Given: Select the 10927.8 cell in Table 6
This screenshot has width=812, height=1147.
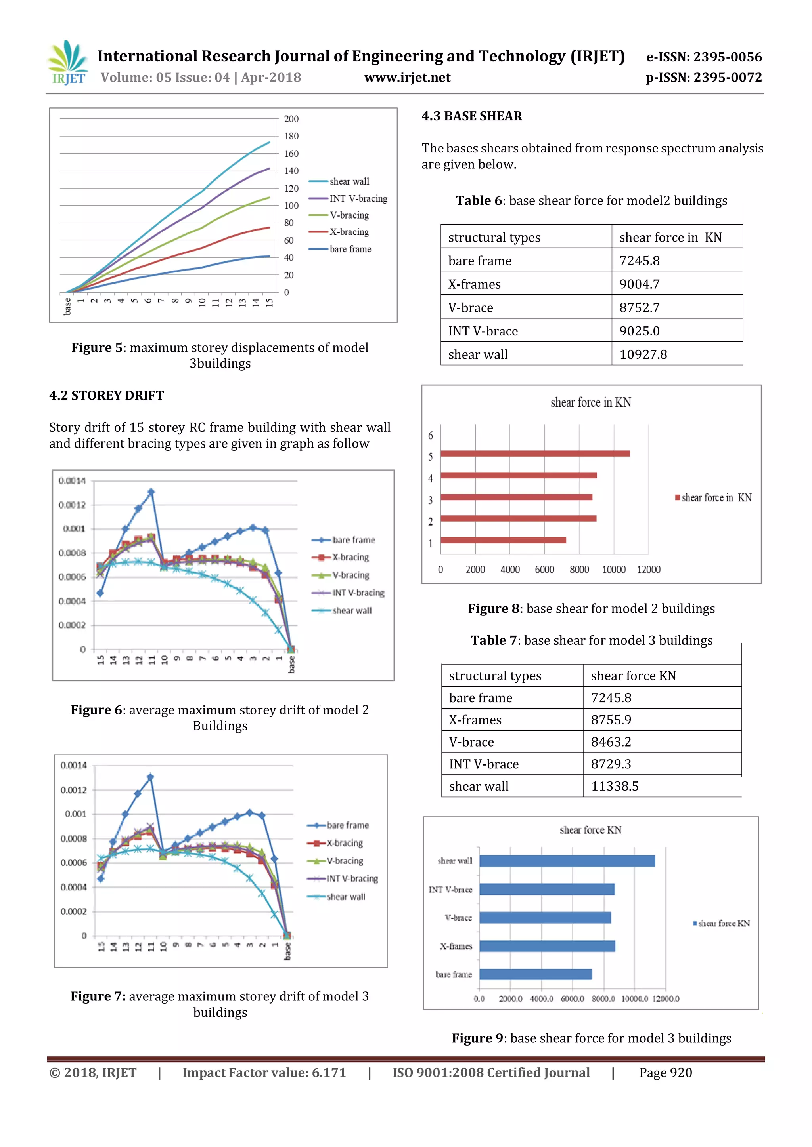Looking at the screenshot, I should point(643,355).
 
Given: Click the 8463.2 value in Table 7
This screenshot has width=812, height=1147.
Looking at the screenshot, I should point(611,742).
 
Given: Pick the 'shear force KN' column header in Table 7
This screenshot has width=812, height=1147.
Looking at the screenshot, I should point(633,676).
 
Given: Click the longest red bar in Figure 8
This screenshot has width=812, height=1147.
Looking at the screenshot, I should point(535,453).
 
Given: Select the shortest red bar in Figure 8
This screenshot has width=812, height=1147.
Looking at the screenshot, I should point(503,540).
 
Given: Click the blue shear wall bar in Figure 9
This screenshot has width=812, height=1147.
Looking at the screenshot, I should point(567,861).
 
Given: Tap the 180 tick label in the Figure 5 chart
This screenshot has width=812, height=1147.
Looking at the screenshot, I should point(291,136).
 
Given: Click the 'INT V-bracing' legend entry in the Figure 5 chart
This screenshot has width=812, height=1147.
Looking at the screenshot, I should point(358,198).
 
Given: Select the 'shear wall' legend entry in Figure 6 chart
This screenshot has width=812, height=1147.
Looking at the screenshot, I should point(352,610).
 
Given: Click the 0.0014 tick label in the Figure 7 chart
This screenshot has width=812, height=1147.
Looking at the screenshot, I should point(73,765).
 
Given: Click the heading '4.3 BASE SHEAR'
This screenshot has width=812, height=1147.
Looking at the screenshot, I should point(471,116).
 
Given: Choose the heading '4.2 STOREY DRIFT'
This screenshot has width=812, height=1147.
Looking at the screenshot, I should point(107,395).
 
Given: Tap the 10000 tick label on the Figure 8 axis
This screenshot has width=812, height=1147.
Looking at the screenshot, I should point(613,570).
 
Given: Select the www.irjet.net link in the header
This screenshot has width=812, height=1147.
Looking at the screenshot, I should point(407,78).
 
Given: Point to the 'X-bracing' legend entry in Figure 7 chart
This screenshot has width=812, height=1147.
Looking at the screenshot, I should point(345,843).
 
